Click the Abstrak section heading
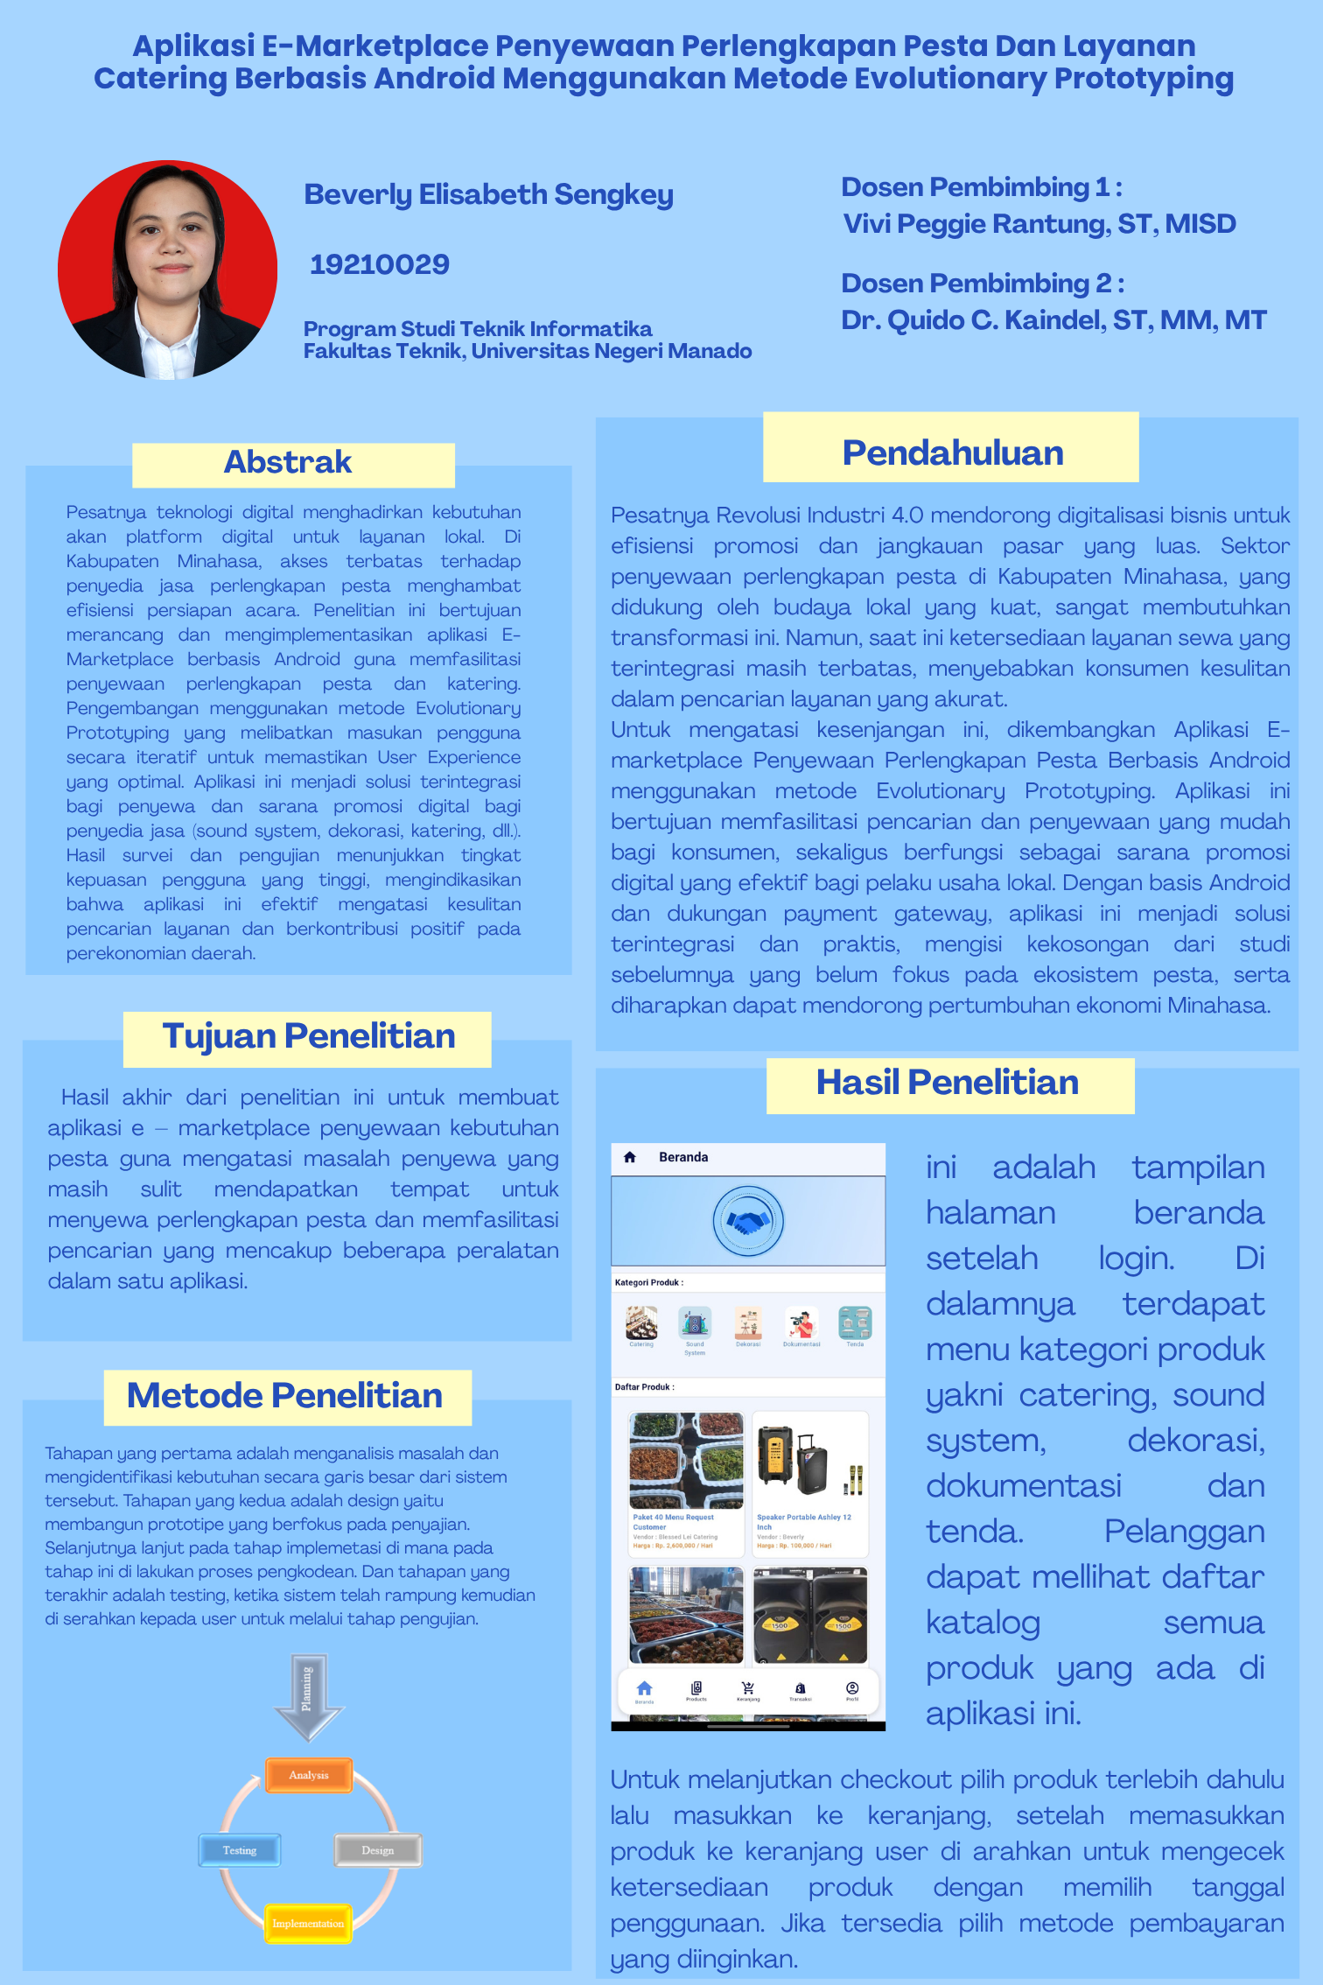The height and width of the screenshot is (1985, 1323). pyautogui.click(x=288, y=462)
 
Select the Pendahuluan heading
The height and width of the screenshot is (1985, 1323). pyautogui.click(x=952, y=452)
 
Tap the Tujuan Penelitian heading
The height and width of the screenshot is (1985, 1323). pyautogui.click(x=308, y=1036)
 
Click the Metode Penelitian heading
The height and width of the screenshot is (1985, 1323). pyautogui.click(x=285, y=1395)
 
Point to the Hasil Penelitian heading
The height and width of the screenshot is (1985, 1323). pyautogui.click(x=948, y=1083)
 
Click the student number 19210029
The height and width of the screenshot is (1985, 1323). pyautogui.click(x=380, y=264)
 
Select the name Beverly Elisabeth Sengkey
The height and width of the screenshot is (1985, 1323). pyautogui.click(x=488, y=194)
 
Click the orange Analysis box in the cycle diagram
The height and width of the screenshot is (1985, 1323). pyautogui.click(x=309, y=1775)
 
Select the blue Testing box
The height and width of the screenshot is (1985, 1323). pyautogui.click(x=240, y=1850)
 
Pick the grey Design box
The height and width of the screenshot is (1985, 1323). pyautogui.click(x=378, y=1850)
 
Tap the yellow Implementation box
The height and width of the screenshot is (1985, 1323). pyautogui.click(x=308, y=1923)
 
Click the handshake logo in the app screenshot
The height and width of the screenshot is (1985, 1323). pyautogui.click(x=748, y=1221)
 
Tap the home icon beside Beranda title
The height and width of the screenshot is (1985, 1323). pyautogui.click(x=629, y=1157)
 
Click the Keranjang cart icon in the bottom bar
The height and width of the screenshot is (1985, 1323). pyautogui.click(x=748, y=1688)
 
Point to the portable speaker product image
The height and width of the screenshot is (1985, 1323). pyautogui.click(x=810, y=1460)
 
